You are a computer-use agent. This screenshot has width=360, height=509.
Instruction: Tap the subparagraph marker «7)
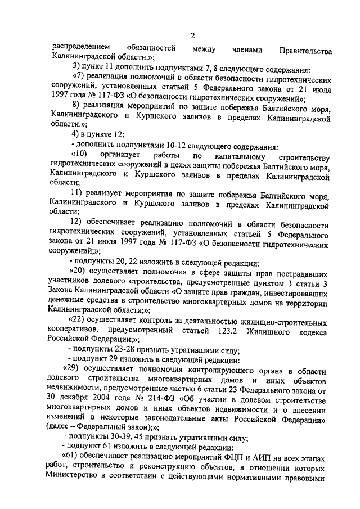coord(79,76)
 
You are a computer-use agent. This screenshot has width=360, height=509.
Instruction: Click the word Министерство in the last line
coord(76,478)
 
